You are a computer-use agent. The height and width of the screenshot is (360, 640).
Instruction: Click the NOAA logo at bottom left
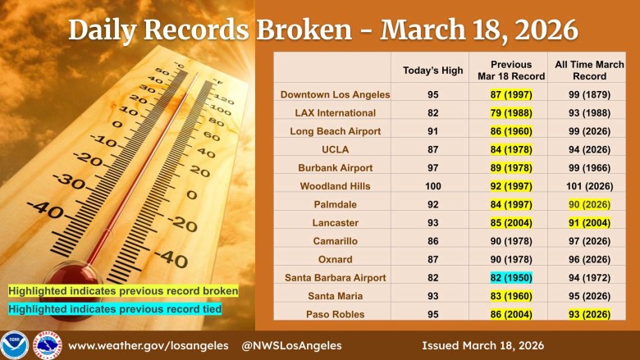coord(15,345)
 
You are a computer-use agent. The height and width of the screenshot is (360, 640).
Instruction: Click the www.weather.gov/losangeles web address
coord(149,345)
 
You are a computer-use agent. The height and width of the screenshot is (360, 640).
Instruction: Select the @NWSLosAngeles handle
coord(292,345)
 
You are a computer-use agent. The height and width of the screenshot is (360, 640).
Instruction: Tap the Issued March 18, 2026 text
coord(482,345)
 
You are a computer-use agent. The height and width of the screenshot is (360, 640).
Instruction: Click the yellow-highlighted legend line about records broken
coord(123,290)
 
